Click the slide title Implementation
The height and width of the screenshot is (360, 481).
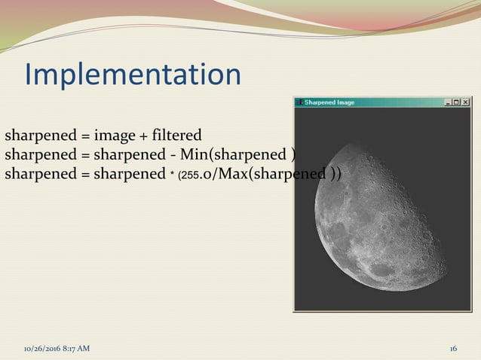[133, 75]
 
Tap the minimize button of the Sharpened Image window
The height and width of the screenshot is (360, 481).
[449, 102]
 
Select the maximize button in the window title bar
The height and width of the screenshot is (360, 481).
[457, 102]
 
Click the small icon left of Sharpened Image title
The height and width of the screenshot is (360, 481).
[299, 102]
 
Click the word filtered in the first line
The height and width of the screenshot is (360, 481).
[176, 136]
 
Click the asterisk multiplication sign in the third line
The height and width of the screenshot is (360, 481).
[170, 174]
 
